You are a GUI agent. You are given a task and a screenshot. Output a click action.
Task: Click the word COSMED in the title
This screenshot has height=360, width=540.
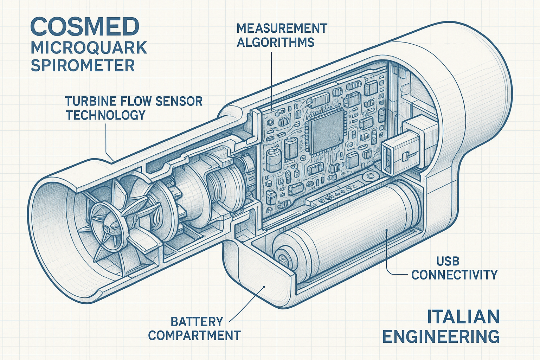pos(85,26)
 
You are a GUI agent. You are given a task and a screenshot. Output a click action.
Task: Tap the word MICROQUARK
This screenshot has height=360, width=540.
pos(89,48)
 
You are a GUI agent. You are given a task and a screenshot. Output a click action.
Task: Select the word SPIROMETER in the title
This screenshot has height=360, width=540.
pos(83,66)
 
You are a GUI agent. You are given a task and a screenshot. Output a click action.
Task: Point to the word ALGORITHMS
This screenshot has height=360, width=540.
pos(275,42)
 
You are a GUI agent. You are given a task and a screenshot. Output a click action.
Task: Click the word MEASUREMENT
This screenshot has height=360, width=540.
pos(282,28)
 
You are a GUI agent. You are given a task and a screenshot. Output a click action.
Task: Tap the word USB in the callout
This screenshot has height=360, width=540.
pos(448,261)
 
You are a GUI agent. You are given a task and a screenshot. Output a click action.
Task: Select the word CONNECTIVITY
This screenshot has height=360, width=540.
pos(454,275)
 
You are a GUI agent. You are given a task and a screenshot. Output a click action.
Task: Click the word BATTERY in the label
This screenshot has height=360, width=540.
pos(197,322)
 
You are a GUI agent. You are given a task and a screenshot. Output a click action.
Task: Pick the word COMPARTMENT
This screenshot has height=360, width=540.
pos(194,335)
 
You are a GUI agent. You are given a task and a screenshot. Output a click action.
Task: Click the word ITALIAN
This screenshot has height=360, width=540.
pos(463,317)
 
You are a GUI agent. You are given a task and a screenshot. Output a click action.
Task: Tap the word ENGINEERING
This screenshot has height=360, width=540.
pos(441,336)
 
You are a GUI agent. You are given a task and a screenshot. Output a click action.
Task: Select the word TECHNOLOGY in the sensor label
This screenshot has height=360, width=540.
pos(105,115)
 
